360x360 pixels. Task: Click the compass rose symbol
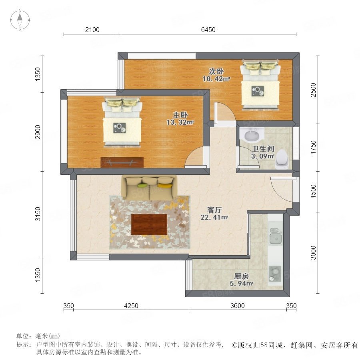pyautogui.click(x=20, y=20)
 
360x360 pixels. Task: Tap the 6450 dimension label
pyautogui.click(x=208, y=30)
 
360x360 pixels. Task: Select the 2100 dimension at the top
pyautogui.click(x=92, y=30)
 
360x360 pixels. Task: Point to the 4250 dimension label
pyautogui.click(x=131, y=306)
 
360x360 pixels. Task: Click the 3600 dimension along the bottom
pyautogui.click(x=238, y=306)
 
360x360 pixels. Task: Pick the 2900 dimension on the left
pyautogui.click(x=38, y=132)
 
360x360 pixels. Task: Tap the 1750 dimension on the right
pyautogui.click(x=313, y=147)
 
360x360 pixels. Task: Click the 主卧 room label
pyautogui.click(x=180, y=114)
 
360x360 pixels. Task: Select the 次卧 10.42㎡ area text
pyautogui.click(x=216, y=79)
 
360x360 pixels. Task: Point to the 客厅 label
pyautogui.click(x=214, y=210)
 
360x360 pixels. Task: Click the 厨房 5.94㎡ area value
pyautogui.click(x=241, y=284)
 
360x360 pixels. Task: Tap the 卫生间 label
pyautogui.click(x=263, y=149)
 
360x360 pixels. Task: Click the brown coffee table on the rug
pyautogui.click(x=149, y=224)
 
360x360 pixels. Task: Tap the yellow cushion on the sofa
pyautogui.click(x=165, y=186)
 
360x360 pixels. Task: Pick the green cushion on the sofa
pyautogui.click(x=142, y=185)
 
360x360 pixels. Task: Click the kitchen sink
pyautogui.click(x=276, y=236)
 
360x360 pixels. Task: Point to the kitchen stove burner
pyautogui.click(x=275, y=273)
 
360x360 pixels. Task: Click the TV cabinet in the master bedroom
pyautogui.click(x=122, y=162)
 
